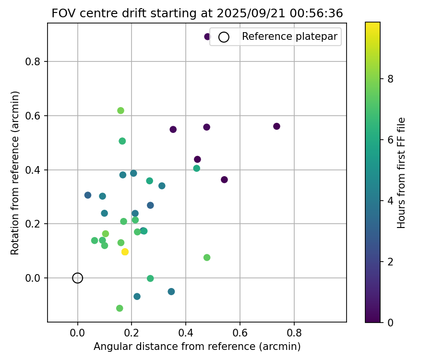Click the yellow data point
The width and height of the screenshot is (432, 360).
coord(125,252)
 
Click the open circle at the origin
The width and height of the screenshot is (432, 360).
coord(78,278)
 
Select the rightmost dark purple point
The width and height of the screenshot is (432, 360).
coord(276,126)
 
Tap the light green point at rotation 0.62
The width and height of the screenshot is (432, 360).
coord(120,111)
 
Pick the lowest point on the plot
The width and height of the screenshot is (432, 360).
coord(120,308)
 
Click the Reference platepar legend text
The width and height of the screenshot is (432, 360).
coord(290,36)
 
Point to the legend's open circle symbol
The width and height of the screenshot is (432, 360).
coord(224,37)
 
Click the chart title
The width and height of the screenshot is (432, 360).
coord(197,13)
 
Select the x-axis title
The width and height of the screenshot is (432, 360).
coord(197,347)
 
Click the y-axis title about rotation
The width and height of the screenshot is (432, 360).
coord(15,172)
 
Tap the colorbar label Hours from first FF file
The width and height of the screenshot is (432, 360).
coord(402,172)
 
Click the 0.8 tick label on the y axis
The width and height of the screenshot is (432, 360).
coord(35,61)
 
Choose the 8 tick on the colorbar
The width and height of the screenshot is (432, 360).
coord(390,79)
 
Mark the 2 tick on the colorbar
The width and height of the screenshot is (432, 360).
coord(390,262)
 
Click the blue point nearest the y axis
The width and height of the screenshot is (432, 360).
coord(88,195)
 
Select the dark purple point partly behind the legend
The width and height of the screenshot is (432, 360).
coord(207,36)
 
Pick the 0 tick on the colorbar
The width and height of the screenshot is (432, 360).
coord(390,322)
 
